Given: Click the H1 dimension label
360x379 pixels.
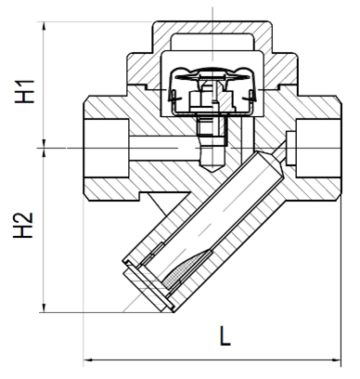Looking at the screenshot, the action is tap(24, 91).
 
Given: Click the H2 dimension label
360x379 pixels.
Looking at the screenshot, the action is tap(23, 226).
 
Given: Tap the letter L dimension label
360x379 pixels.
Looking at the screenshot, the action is tap(225, 335).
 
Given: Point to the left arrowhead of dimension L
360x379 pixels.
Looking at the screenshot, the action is tap(89, 359).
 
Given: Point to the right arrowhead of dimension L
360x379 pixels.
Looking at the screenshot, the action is tap(336, 359).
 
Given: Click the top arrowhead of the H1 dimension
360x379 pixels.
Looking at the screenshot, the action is tap(44, 26).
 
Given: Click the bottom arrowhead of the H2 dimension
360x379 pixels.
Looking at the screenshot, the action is tap(44, 307).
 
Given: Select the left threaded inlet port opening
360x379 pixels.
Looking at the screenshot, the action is tap(106, 148).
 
